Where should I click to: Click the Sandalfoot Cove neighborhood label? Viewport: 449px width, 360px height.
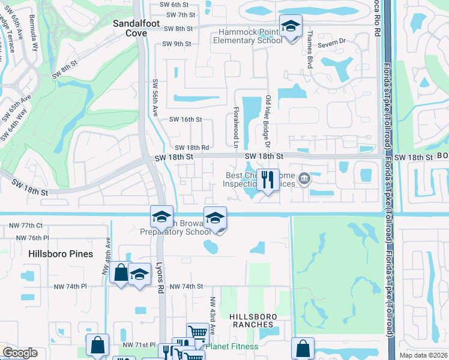pos(130,28)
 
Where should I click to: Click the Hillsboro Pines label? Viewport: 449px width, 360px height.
pos(61,254)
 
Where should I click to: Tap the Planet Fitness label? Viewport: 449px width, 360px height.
pos(233,346)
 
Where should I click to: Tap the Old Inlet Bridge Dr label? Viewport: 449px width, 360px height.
pos(268,122)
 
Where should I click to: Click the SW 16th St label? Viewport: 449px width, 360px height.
pos(185,119)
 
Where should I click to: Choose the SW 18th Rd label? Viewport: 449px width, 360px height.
pos(192,147)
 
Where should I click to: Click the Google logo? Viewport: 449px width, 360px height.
pos(20,353)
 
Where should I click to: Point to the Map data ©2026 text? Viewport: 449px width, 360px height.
pos(424,355)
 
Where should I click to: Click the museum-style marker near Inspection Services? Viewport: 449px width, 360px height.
pos(304,178)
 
